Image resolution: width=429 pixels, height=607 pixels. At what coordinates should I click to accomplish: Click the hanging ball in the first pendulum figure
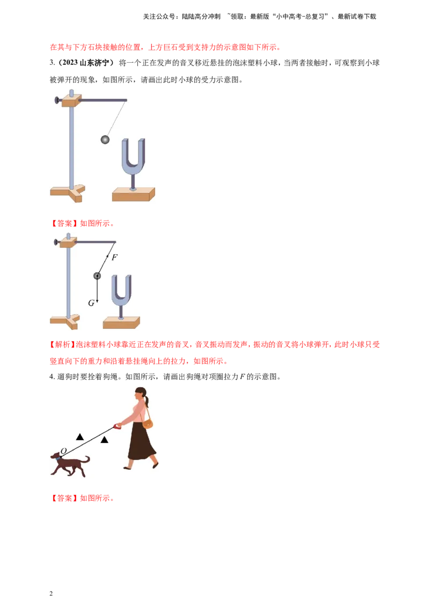105,139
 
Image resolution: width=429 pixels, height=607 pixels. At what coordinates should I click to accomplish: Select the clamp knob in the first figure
56,100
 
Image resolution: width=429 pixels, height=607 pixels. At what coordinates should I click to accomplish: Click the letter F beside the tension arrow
114,257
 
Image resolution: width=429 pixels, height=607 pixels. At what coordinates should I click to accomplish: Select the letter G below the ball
91,303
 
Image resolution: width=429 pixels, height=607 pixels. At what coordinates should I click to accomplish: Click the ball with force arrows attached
97,276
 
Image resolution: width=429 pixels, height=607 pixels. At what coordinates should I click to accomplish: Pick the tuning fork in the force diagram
121,292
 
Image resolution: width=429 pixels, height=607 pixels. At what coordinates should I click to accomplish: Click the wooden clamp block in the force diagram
68,243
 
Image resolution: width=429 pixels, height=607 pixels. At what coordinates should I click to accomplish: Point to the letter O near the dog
63,451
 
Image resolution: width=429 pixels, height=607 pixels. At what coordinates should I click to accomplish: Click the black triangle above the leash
80,437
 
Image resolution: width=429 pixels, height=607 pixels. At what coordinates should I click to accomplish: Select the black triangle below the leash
105,440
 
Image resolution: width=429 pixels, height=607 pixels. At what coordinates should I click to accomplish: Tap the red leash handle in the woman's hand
117,426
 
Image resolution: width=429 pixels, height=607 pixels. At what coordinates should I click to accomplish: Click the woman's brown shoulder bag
147,424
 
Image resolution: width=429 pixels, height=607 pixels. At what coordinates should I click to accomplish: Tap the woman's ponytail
146,401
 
